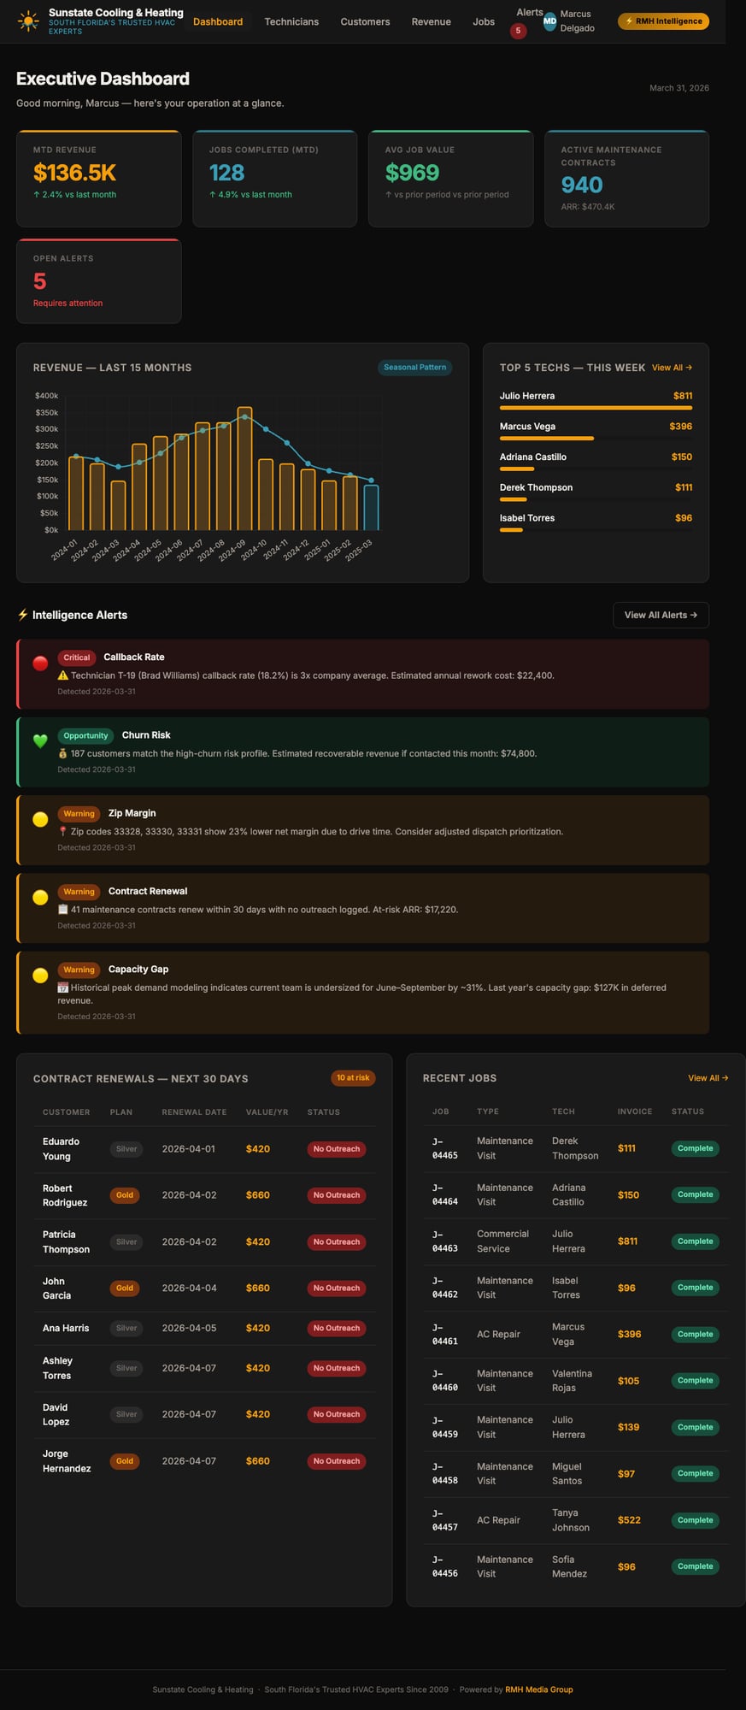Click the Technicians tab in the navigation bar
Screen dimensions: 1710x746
291,21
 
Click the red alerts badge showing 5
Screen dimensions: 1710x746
518,31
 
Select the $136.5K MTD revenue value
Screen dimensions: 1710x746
74,173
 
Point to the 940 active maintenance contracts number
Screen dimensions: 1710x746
582,185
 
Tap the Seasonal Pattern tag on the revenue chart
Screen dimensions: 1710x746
414,368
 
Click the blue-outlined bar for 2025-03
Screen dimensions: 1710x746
371,508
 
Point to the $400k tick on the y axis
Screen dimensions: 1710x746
46,396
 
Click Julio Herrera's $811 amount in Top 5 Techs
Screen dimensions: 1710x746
682,396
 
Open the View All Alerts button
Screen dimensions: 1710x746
661,615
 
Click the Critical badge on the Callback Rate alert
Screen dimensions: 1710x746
76,657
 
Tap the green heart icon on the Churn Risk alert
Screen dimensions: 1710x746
40,741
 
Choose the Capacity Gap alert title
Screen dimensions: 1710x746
138,970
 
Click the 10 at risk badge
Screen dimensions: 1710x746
353,1078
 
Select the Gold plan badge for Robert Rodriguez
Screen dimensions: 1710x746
125,1195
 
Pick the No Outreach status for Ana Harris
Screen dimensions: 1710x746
337,1328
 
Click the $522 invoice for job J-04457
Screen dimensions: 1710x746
629,1520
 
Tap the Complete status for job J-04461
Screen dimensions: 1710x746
695,1334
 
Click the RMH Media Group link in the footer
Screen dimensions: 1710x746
538,1689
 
